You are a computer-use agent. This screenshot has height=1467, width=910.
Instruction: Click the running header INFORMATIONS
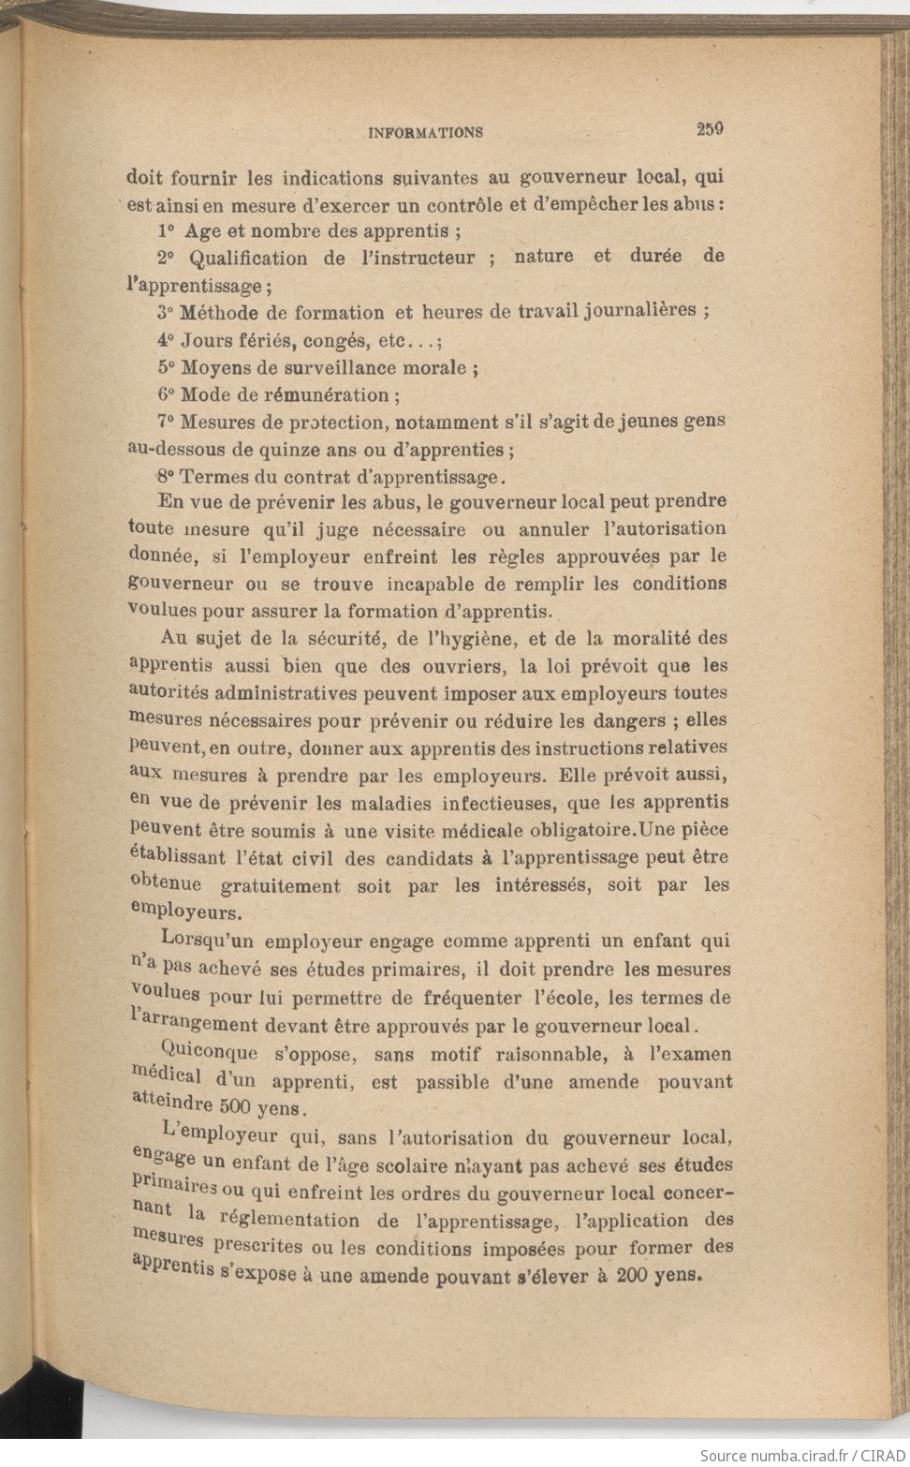pyautogui.click(x=426, y=133)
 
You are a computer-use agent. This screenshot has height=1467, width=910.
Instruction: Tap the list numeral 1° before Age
pyautogui.click(x=167, y=230)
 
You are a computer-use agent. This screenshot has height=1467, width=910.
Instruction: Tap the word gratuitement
pyautogui.click(x=281, y=886)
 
